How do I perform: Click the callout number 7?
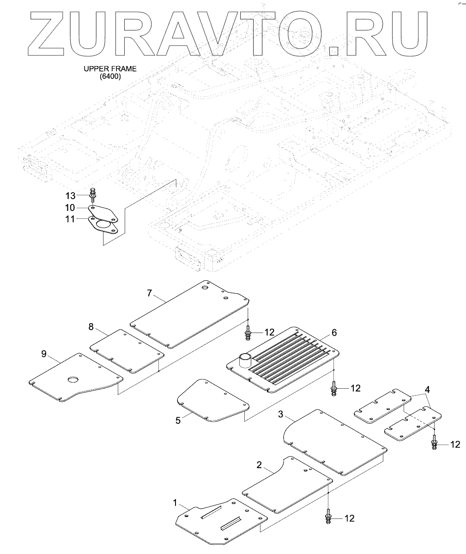(x=149, y=293)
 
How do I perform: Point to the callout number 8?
(x=91, y=327)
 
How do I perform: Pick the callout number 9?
(x=44, y=354)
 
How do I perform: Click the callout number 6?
(x=334, y=332)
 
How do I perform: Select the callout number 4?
(x=428, y=389)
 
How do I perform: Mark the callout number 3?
(x=280, y=414)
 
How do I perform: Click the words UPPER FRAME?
(x=110, y=69)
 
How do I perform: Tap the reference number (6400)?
(x=110, y=77)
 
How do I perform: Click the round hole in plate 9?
(x=73, y=379)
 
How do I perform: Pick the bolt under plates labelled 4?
(x=435, y=444)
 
